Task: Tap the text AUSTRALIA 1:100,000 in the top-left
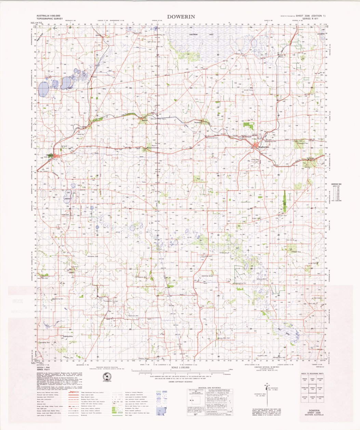point(49,16)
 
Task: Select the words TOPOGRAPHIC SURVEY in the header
point(48,19)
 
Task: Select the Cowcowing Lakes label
point(196,34)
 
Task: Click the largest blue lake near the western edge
point(43,89)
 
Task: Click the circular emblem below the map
point(108,377)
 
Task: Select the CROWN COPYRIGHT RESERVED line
point(181,383)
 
